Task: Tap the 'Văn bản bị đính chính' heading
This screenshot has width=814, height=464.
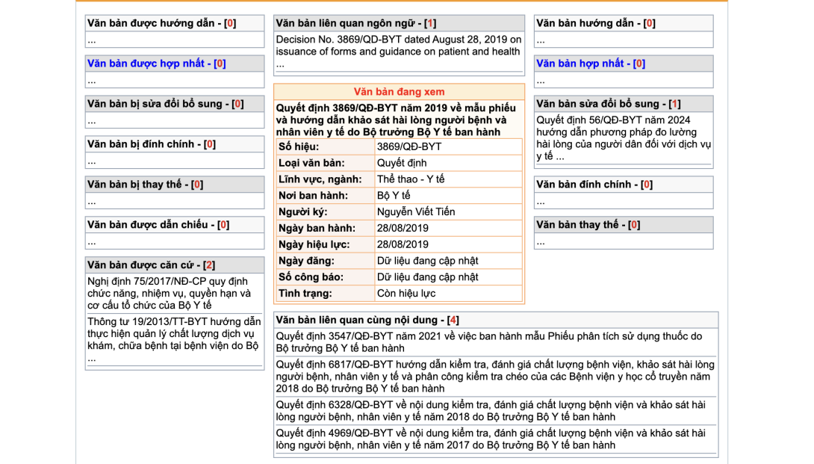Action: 145,144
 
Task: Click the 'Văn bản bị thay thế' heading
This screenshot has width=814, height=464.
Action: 139,185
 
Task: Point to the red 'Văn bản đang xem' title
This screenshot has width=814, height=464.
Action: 399,92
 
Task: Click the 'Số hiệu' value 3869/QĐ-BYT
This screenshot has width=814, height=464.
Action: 408,146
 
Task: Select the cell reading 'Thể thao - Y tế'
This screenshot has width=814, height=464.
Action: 410,179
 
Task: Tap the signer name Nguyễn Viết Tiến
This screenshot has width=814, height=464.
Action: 415,211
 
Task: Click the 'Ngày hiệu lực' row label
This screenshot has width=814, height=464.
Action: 317,244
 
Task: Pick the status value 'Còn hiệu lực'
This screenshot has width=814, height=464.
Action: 406,294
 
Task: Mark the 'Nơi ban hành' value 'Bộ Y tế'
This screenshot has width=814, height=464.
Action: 394,196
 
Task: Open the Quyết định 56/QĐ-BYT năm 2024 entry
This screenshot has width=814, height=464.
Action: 623,138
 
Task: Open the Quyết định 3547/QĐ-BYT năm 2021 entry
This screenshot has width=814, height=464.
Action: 488,342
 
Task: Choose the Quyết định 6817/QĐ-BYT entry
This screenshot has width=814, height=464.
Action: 494,377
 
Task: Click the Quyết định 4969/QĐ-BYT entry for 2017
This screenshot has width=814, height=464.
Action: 490,439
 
